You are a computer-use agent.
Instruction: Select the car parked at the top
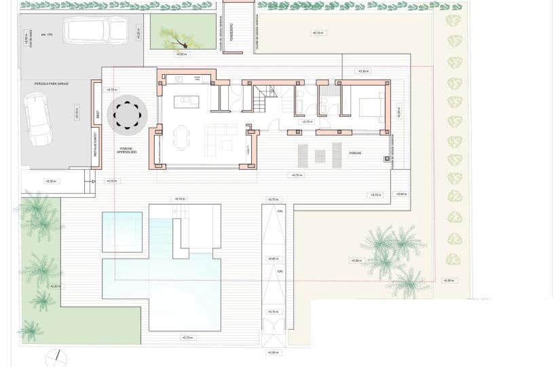click(x=95, y=31)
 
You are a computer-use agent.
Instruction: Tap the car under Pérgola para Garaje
click(x=37, y=118)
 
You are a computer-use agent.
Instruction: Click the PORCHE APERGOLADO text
click(x=127, y=150)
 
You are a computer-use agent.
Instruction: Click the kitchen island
click(x=187, y=102)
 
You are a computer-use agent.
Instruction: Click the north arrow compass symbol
click(x=56, y=358)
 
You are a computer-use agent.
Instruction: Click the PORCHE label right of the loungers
click(x=355, y=154)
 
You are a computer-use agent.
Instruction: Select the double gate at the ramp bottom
click(x=273, y=340)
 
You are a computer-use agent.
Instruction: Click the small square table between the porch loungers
click(x=319, y=156)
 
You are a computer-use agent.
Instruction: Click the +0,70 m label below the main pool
click(x=186, y=338)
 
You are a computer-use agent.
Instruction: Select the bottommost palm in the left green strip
click(x=31, y=330)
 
